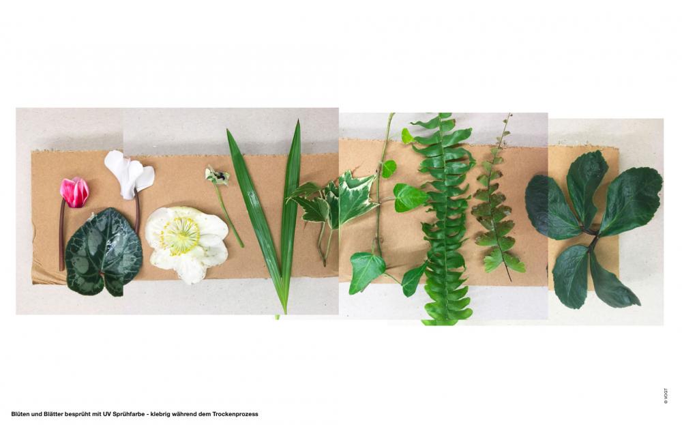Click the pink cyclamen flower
pos(75,192)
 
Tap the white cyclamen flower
pos(129,174)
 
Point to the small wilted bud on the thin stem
pos(217,176)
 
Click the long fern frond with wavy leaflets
pos(444,218)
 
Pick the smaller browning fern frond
pos(498,200)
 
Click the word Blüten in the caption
pos(20,414)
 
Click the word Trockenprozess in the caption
pos(235,414)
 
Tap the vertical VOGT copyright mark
pos(666,396)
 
